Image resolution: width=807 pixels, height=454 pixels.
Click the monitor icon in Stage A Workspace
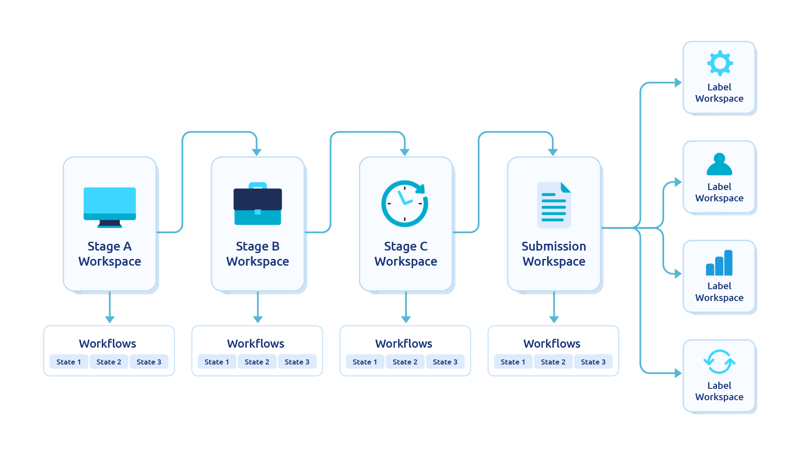(110, 207)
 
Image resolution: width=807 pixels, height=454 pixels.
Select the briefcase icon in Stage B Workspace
(258, 203)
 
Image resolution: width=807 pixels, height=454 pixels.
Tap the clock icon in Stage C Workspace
(405, 203)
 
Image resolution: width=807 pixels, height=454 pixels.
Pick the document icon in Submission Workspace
(554, 205)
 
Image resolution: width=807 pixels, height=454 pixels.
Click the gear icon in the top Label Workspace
(720, 63)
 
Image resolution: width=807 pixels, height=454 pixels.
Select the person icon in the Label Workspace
(720, 164)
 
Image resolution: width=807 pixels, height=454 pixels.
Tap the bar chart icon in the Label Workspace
(719, 263)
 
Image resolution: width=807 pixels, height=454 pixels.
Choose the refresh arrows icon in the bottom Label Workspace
(720, 362)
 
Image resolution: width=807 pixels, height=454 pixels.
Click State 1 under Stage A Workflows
(69, 362)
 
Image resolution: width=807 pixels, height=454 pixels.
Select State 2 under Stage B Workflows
(257, 362)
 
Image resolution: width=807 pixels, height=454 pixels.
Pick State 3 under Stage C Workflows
(445, 362)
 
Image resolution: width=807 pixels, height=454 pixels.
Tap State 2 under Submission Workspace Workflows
(553, 362)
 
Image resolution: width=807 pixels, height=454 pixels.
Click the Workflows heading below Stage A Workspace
(108, 343)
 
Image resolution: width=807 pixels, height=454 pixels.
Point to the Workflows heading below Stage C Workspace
(404, 343)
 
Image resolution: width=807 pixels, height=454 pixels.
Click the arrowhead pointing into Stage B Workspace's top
(256, 152)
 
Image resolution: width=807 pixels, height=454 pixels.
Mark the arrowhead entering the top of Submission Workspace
(553, 152)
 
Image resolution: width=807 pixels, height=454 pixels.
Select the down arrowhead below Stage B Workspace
(258, 319)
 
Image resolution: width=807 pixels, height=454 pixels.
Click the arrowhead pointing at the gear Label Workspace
(678, 82)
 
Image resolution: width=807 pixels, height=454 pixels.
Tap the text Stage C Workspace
(406, 253)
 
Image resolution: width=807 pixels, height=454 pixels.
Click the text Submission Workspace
(554, 253)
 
